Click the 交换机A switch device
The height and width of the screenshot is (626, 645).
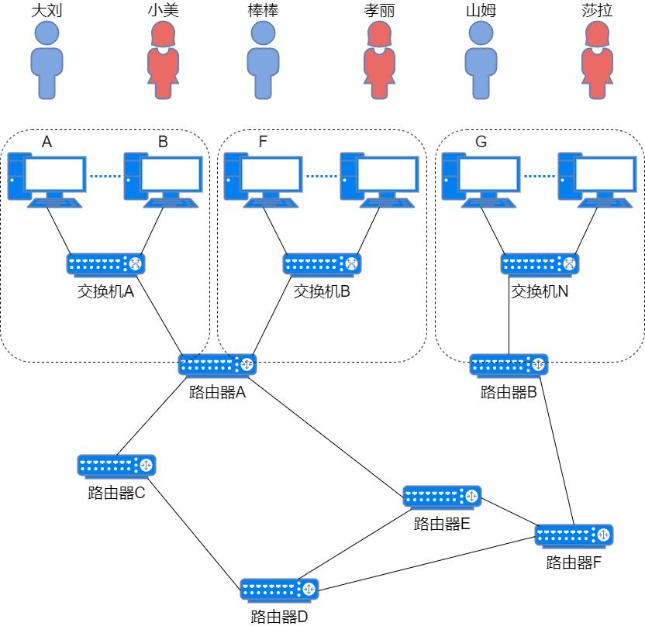pyautogui.click(x=106, y=264)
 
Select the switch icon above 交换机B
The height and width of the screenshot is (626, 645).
pyautogui.click(x=322, y=264)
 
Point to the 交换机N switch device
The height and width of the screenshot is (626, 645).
pyautogui.click(x=540, y=264)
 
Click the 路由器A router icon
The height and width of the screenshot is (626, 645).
pyautogui.click(x=217, y=364)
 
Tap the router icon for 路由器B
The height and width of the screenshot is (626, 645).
pyautogui.click(x=509, y=364)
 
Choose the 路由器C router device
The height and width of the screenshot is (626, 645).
pyautogui.click(x=116, y=466)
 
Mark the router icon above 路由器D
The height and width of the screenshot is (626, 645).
pyautogui.click(x=279, y=590)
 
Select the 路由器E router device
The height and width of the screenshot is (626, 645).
pyautogui.click(x=442, y=497)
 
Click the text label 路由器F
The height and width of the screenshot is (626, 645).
pyautogui.click(x=574, y=562)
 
